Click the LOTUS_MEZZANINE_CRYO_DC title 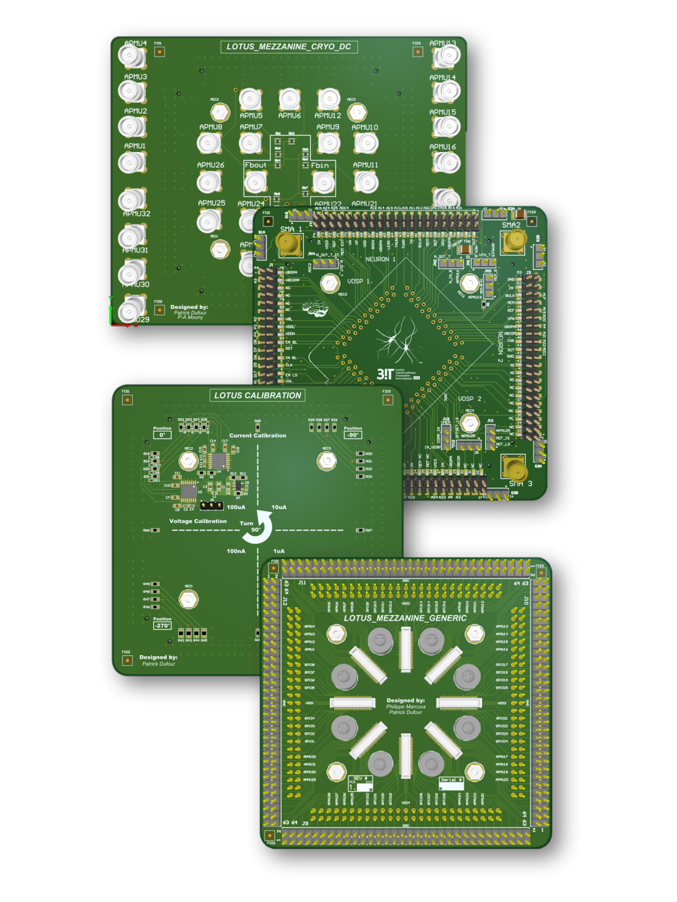pos(288,47)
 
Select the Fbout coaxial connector pos(255,182)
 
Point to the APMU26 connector pos(209,182)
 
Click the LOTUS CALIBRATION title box pos(257,395)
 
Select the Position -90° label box pos(353,435)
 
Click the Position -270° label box pos(162,625)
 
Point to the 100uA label pos(236,507)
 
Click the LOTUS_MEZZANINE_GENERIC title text pos(405,618)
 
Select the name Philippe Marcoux pos(405,706)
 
